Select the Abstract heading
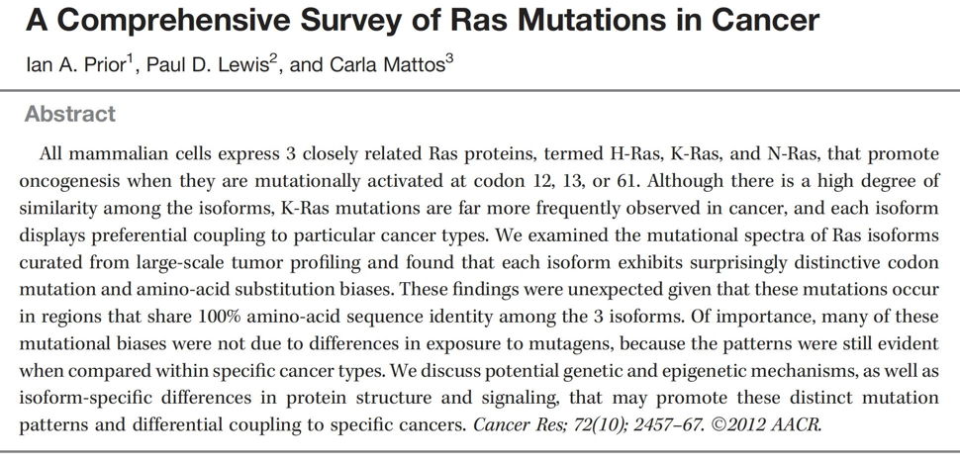click(x=70, y=114)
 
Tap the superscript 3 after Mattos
click(x=450, y=61)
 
